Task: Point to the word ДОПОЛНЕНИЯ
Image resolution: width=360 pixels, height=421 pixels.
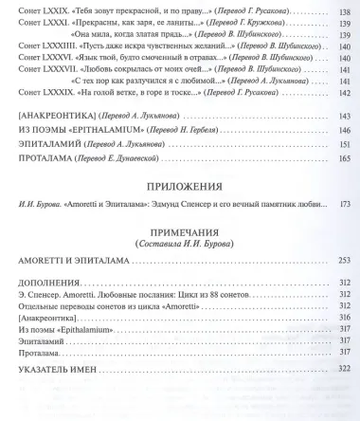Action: point(45,284)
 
